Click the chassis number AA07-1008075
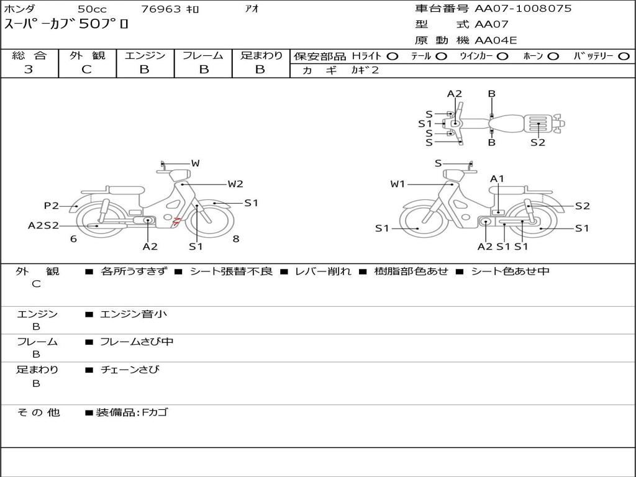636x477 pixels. point(523,9)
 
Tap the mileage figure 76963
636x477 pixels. point(161,9)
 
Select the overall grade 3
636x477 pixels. point(29,70)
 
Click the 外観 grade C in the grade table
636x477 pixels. point(86,70)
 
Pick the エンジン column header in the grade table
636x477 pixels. point(145,55)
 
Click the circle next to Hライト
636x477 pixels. point(393,57)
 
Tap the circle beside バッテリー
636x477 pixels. point(624,57)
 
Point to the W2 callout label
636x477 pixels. point(235,184)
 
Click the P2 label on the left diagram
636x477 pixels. point(52,206)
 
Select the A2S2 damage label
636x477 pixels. point(43,225)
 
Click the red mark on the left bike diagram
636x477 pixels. point(176,221)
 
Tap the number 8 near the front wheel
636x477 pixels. point(236,238)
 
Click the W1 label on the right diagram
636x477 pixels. point(397,184)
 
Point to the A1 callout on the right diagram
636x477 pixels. point(497,179)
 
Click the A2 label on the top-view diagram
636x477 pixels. point(454,94)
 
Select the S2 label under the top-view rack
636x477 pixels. point(538,142)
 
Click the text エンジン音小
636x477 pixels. point(134,314)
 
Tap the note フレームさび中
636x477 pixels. point(137,342)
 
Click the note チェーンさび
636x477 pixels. point(130,370)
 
